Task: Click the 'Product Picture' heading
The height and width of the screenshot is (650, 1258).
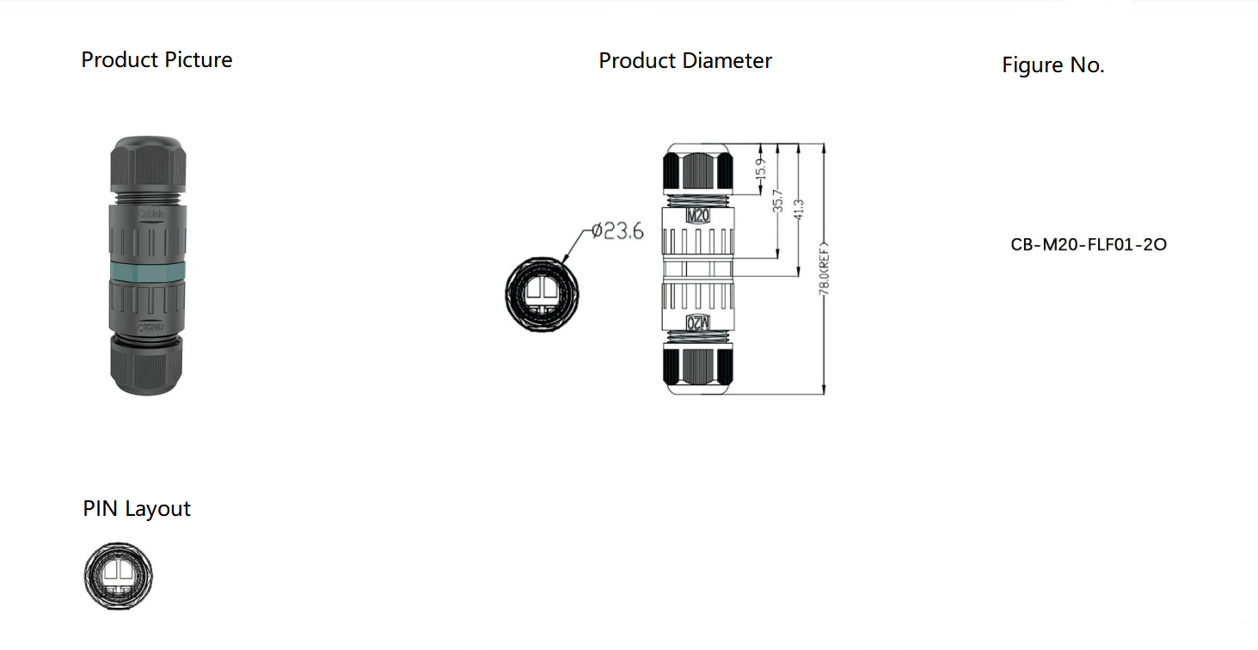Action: pyautogui.click(x=156, y=60)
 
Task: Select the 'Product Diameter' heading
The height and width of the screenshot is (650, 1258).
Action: pyautogui.click(x=685, y=61)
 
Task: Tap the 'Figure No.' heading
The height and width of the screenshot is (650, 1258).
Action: pyautogui.click(x=1052, y=65)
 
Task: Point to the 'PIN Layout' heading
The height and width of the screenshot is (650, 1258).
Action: pyautogui.click(x=137, y=509)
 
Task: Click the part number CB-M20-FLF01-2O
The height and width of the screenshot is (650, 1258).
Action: pyautogui.click(x=1089, y=244)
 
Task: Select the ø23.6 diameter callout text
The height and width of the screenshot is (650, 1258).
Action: pyautogui.click(x=617, y=231)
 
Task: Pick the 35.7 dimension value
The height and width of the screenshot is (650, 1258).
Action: pyautogui.click(x=777, y=202)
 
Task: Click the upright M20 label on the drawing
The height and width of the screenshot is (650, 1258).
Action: pyautogui.click(x=697, y=216)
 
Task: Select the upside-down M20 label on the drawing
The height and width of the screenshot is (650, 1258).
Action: pyautogui.click(x=697, y=323)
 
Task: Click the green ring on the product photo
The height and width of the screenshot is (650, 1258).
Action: pyautogui.click(x=147, y=272)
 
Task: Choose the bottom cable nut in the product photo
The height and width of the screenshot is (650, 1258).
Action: pyautogui.click(x=147, y=365)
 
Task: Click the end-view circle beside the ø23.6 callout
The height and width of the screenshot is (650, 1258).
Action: pyautogui.click(x=541, y=293)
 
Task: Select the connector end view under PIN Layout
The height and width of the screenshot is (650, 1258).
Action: pyautogui.click(x=119, y=576)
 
